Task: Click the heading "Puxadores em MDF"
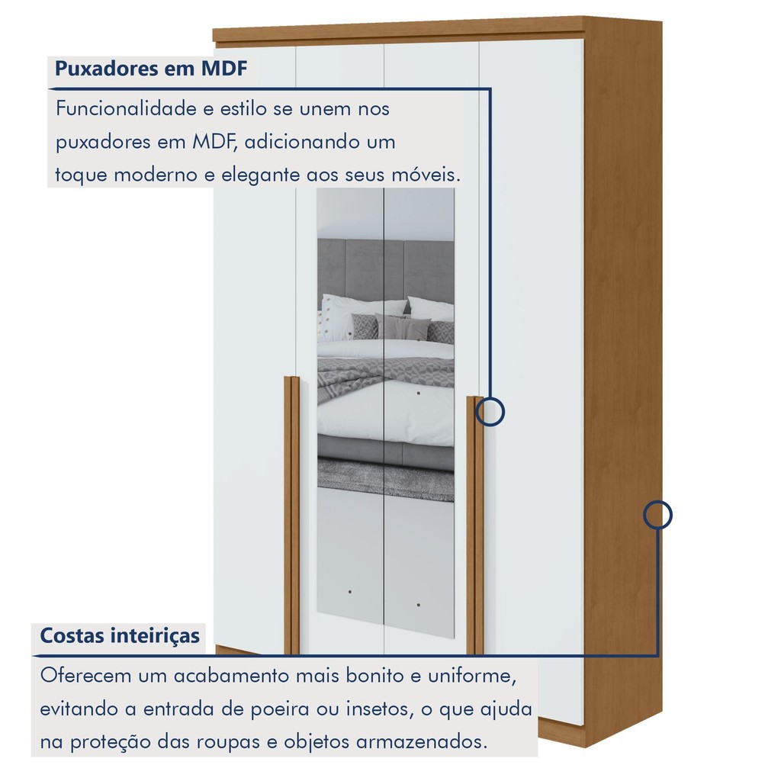pos(151,69)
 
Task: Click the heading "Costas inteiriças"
pos(120,635)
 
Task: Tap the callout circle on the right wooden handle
pos(490,412)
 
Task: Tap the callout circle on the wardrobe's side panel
pos(657,515)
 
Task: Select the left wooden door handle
pos(292,515)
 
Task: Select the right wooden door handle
pos(474,525)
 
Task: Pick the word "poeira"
pos(279,709)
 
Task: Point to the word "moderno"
pos(156,175)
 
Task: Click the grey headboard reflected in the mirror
pos(385,269)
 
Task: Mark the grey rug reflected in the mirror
pos(385,480)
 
